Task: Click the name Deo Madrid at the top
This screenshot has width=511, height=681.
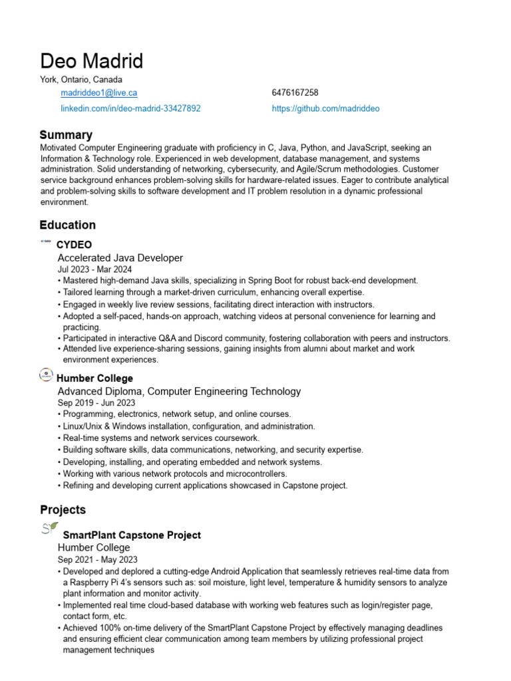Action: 91,61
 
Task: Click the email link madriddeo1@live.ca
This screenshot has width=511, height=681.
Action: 99,93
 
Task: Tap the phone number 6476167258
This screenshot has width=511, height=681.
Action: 295,93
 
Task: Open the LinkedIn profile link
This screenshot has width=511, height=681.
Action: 130,108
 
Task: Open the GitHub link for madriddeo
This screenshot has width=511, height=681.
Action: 325,108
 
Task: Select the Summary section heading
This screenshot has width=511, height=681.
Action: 66,135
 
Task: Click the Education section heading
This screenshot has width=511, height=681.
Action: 67,225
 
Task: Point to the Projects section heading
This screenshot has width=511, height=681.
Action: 63,510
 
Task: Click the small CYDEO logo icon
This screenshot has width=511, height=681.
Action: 47,242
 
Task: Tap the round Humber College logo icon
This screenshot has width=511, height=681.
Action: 47,376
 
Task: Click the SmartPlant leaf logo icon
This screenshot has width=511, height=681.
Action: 49,529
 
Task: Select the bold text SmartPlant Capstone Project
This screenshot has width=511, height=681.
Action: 131,535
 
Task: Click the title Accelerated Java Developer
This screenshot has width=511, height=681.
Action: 120,257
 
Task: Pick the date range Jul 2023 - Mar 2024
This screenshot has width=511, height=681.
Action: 94,269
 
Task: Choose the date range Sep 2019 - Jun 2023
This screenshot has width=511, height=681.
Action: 96,402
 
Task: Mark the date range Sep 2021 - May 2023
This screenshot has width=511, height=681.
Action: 97,559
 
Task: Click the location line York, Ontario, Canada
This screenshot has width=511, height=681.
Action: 81,80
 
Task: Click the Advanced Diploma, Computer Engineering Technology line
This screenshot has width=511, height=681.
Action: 179,391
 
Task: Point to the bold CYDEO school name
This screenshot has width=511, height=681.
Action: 74,245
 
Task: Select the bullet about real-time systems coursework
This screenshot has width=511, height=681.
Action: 160,438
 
